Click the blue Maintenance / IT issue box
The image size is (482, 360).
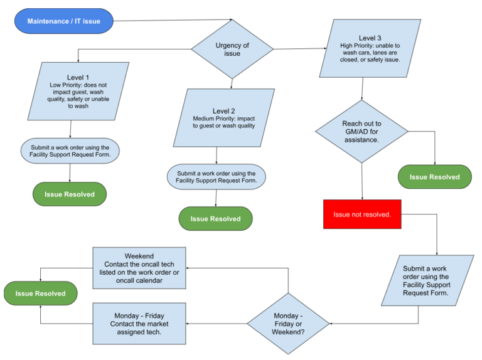pyautogui.click(x=63, y=21)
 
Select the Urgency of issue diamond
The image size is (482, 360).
pyautogui.click(x=232, y=50)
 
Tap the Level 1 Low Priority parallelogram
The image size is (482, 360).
pyautogui.click(x=78, y=91)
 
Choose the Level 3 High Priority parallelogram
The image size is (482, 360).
pyautogui.click(x=369, y=50)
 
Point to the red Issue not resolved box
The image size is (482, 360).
pyautogui.click(x=362, y=214)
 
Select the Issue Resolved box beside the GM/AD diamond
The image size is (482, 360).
pyautogui.click(x=434, y=177)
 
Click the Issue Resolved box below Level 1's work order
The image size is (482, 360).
pyautogui.click(x=70, y=194)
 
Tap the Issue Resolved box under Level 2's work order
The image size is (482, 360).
pyautogui.click(x=215, y=219)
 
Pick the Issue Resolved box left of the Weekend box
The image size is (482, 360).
pyautogui.click(x=40, y=293)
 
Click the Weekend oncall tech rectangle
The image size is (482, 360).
pyautogui.click(x=139, y=268)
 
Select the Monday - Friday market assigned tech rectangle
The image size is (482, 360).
pyautogui.click(x=139, y=324)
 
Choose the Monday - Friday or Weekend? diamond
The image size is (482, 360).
pyautogui.click(x=288, y=324)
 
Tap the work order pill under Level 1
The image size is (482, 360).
pyautogui.click(x=70, y=151)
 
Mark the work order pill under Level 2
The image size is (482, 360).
pyautogui.click(x=216, y=177)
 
